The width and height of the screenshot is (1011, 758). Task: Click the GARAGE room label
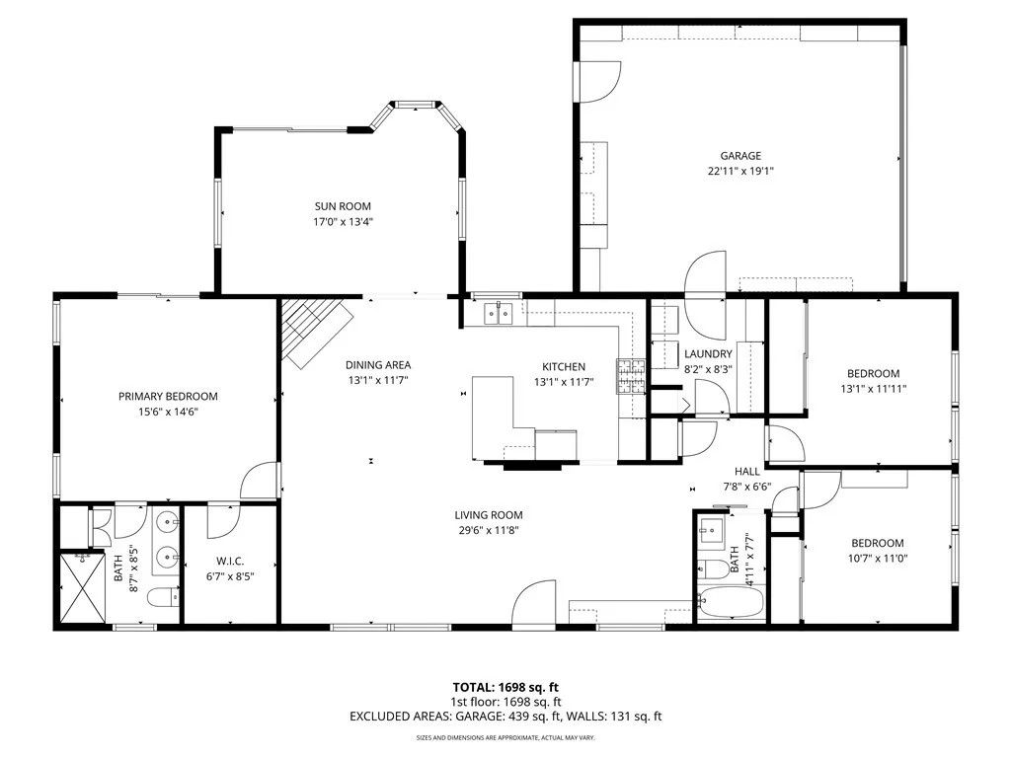[739, 156]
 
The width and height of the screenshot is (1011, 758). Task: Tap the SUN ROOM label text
[343, 206]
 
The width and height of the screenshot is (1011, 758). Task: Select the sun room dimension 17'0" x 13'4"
[343, 221]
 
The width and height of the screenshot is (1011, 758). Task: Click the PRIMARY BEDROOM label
[168, 396]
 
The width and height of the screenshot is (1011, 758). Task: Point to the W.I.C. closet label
[229, 561]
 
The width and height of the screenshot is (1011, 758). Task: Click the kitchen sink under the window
[500, 315]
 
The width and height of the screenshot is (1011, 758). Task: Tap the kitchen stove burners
[631, 375]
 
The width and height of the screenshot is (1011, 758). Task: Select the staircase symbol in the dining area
[314, 330]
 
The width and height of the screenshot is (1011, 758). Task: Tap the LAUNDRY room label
[708, 354]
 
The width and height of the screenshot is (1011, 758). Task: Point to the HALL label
[746, 472]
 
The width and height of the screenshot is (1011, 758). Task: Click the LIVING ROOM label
[488, 514]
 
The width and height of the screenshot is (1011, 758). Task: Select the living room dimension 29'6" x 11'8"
[488, 530]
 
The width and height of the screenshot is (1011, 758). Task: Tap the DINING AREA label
[377, 364]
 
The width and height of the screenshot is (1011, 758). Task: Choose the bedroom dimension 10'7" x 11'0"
[877, 559]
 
